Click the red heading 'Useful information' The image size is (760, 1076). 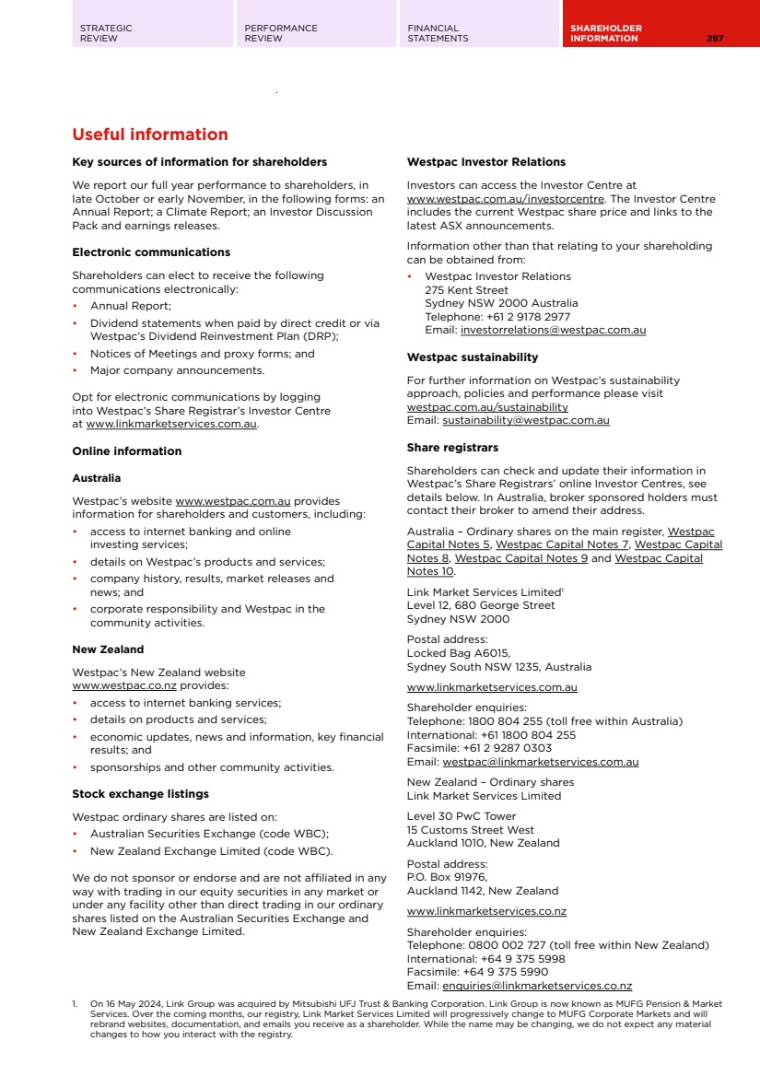point(150,134)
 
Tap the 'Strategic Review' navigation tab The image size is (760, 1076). point(106,33)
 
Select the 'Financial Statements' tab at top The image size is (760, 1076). point(438,33)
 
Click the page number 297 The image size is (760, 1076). point(715,39)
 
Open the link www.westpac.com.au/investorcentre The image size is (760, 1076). point(506,199)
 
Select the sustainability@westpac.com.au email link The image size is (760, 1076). point(525,420)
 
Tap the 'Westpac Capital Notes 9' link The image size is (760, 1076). point(521,558)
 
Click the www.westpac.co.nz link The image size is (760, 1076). point(124,686)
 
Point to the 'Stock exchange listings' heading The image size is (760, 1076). point(140,794)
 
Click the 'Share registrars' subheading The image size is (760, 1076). point(452,448)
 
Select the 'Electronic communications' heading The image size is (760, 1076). point(151,252)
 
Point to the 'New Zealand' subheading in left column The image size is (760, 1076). point(108,649)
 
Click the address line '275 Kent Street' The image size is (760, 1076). point(466,290)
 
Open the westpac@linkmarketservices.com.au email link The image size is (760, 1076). point(540,762)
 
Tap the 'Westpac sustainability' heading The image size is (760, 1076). point(473,357)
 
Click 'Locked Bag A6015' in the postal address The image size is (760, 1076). point(458,653)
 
